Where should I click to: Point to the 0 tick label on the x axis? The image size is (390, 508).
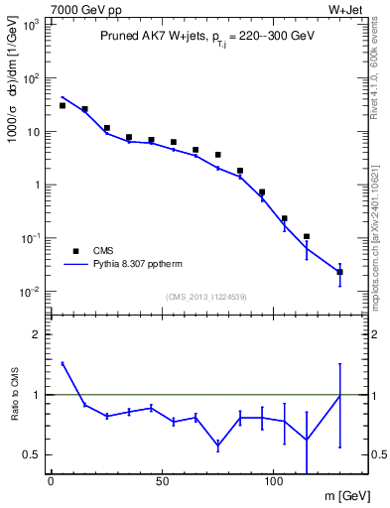pyautogui.click(x=51, y=479)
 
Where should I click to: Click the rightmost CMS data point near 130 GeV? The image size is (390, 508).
pyautogui.click(x=340, y=271)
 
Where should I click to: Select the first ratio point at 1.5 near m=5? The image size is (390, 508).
pyautogui.click(x=62, y=364)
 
